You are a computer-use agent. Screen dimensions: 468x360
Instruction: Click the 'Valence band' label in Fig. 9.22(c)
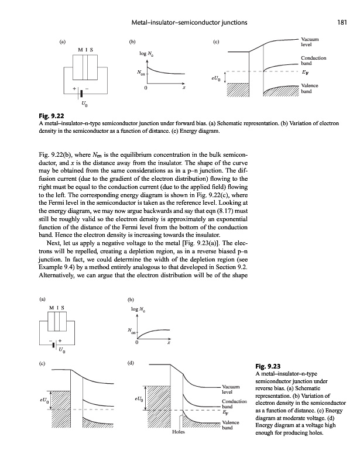(309, 89)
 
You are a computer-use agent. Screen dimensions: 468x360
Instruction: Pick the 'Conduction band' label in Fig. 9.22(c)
(313, 60)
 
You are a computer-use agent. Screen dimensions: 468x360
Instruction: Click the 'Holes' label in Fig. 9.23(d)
(178, 433)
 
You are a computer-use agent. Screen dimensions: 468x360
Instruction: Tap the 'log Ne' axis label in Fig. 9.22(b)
(147, 54)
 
